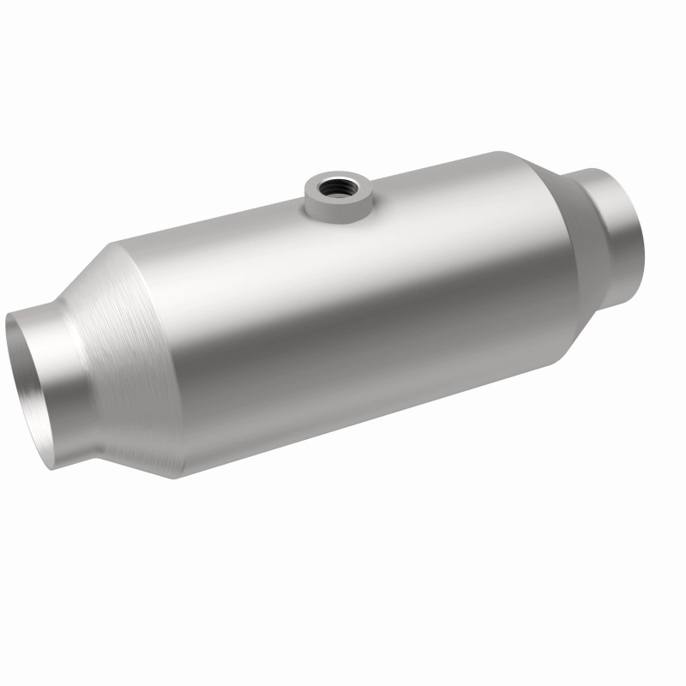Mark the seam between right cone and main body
[x=549, y=257]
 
